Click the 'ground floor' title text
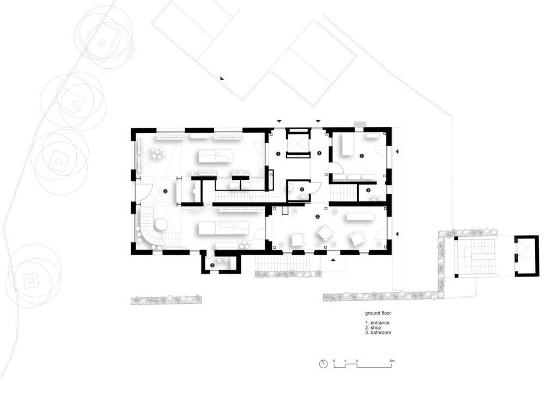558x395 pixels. click(x=378, y=313)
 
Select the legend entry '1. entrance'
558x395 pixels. click(x=377, y=322)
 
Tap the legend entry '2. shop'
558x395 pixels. click(x=373, y=328)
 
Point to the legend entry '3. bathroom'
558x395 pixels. click(x=378, y=332)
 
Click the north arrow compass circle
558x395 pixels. click(x=323, y=364)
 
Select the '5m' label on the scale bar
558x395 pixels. click(x=392, y=361)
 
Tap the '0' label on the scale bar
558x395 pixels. click(x=334, y=361)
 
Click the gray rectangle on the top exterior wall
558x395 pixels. click(x=360, y=124)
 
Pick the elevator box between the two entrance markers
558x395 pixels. click(x=297, y=143)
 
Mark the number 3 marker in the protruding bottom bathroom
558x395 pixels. click(x=212, y=265)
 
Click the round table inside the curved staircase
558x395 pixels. click(x=160, y=224)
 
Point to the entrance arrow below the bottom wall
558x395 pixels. click(x=333, y=260)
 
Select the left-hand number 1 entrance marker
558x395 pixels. click(x=278, y=153)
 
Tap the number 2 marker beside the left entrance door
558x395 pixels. click(x=165, y=191)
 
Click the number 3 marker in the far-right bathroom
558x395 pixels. click(x=368, y=190)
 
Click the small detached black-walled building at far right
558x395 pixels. click(x=527, y=255)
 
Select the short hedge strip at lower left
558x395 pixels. click(x=166, y=300)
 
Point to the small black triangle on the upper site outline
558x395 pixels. click(x=222, y=79)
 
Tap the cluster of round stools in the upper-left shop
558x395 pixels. click(x=158, y=153)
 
